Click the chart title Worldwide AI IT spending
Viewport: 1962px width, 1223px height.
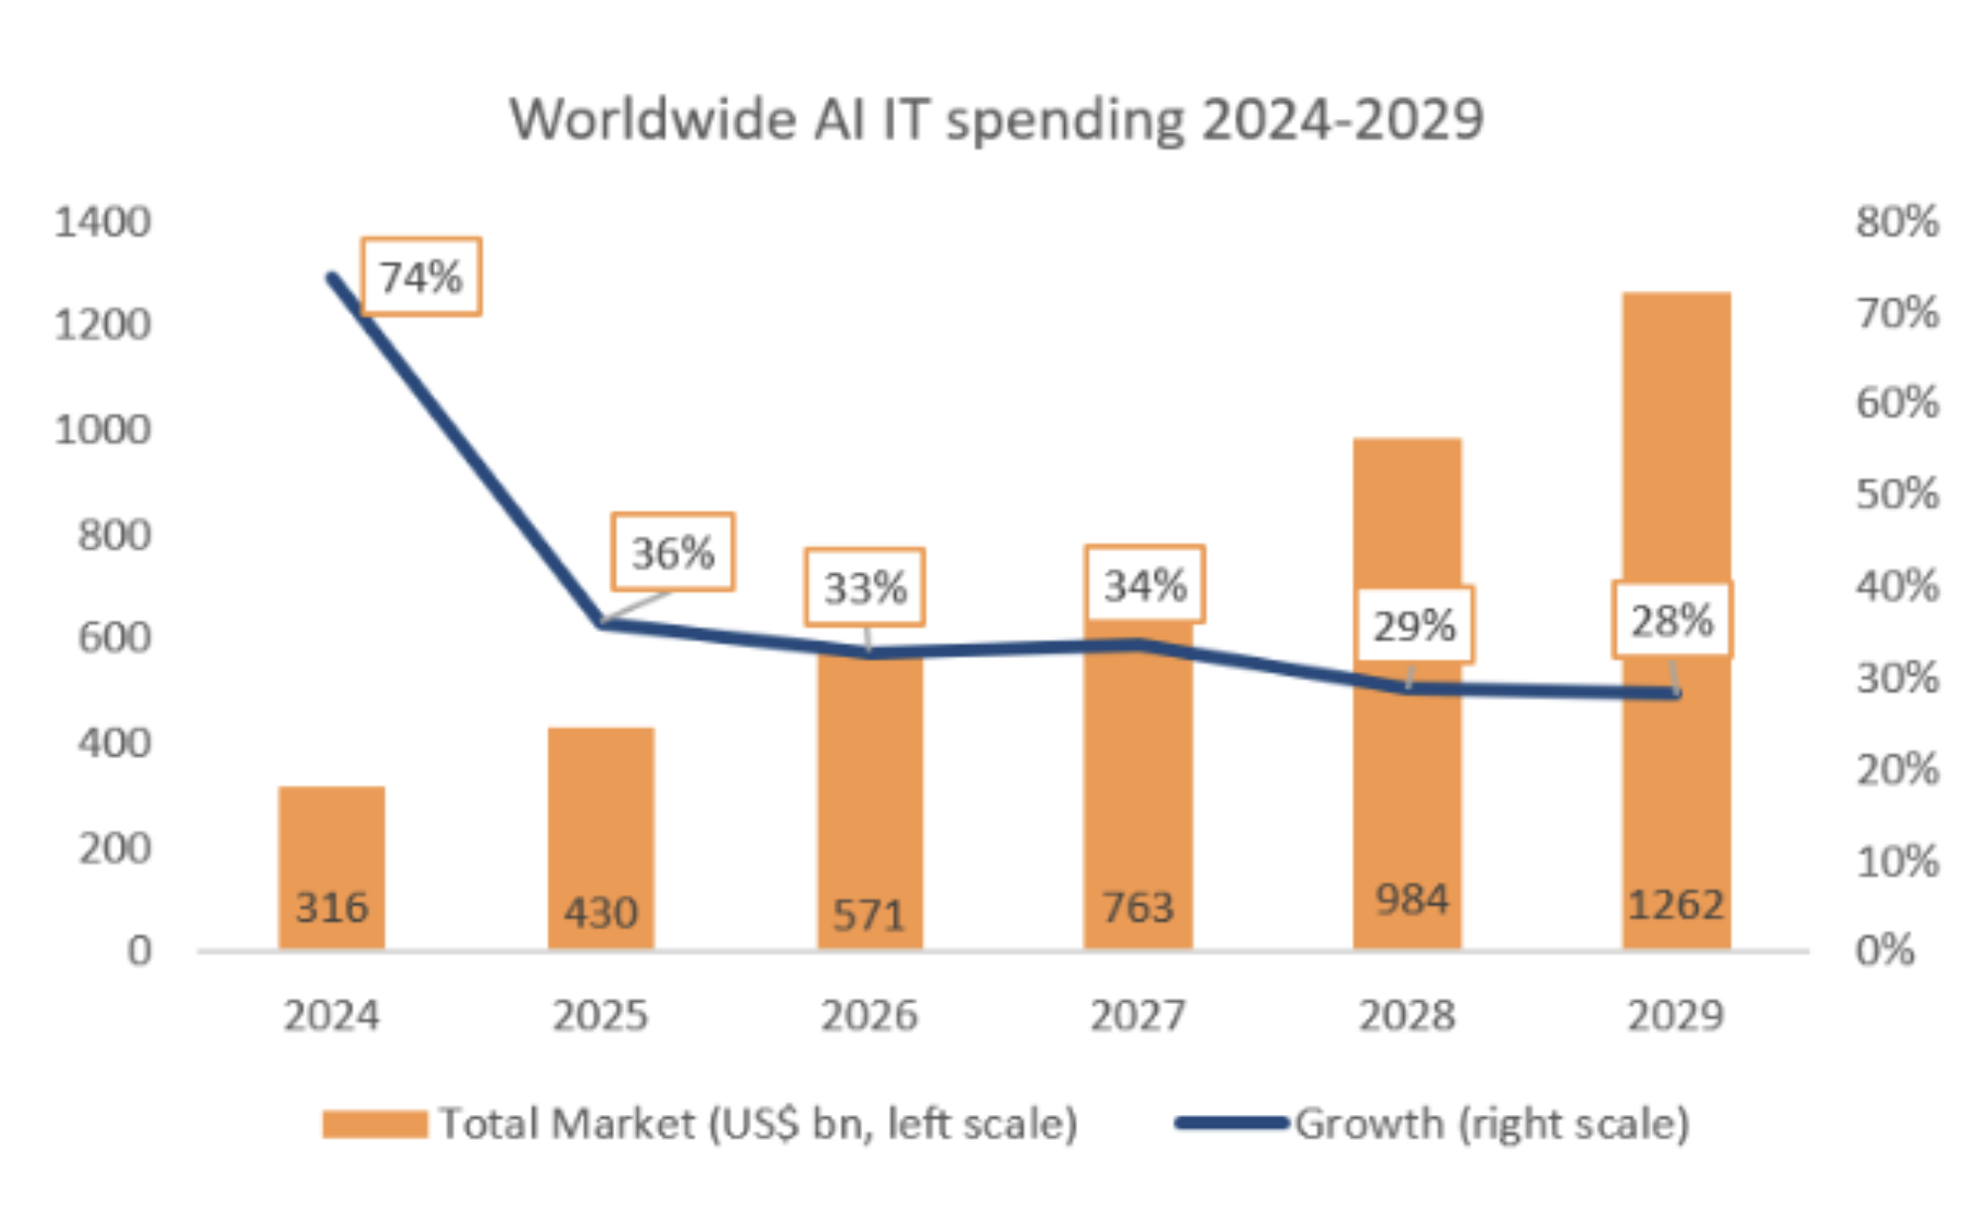(996, 120)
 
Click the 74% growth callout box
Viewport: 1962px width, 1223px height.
(421, 278)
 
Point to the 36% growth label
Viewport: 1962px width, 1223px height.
(673, 553)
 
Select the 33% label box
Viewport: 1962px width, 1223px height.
(865, 588)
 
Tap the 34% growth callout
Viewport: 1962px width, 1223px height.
(1144, 585)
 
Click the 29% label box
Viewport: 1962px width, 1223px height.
(1414, 625)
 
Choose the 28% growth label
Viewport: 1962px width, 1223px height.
(1672, 621)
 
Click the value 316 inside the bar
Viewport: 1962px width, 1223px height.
(331, 907)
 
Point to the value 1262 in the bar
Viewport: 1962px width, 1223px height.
(1677, 904)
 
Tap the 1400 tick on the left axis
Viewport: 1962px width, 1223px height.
(102, 222)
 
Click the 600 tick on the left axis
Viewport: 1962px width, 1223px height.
(114, 637)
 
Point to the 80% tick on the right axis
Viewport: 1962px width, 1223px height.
(1897, 222)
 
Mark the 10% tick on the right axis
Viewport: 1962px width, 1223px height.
(1897, 862)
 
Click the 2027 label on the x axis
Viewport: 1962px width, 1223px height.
(1138, 1016)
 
